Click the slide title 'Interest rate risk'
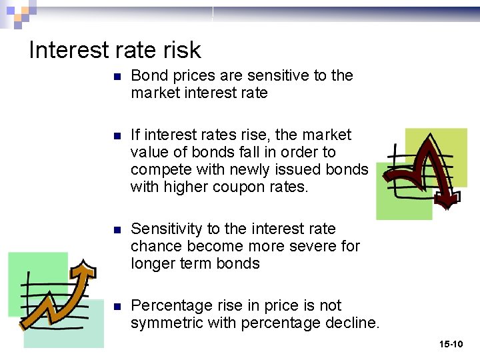[115, 50]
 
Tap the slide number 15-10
[451, 344]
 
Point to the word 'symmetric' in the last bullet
[166, 323]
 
